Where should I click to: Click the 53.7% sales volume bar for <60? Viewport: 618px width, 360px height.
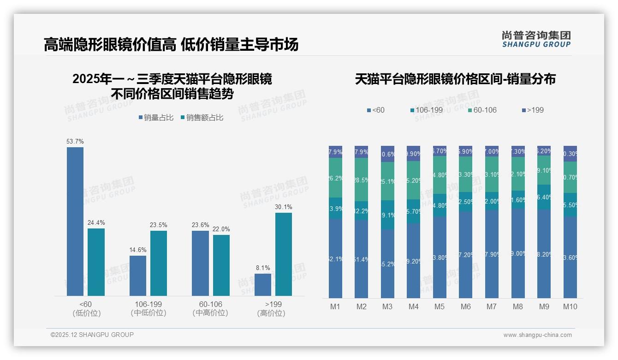[x=75, y=222]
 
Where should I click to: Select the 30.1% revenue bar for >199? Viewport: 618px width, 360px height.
[x=284, y=254]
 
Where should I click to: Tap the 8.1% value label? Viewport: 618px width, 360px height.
[x=263, y=268]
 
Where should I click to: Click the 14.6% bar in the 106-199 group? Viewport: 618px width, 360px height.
[x=138, y=276]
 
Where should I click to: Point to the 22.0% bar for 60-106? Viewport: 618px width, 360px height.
[x=221, y=265]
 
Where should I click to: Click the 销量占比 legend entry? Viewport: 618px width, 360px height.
[x=156, y=118]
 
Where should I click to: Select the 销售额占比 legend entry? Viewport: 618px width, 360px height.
[x=202, y=118]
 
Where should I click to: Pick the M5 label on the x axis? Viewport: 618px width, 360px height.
[x=440, y=306]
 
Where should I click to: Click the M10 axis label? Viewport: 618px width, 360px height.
[x=570, y=306]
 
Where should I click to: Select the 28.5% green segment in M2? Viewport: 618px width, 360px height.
[x=362, y=180]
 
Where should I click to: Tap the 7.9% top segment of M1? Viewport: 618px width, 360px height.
[x=335, y=152]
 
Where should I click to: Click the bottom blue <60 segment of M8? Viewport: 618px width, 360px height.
[x=518, y=253]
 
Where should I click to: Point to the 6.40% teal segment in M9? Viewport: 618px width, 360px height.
[x=544, y=197]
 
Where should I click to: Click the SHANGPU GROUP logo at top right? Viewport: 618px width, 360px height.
[x=536, y=40]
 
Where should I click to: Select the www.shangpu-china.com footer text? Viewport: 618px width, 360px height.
[x=537, y=335]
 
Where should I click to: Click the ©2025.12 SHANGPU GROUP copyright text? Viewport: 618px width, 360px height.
[x=92, y=335]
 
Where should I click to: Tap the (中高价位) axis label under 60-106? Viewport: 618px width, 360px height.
[x=210, y=313]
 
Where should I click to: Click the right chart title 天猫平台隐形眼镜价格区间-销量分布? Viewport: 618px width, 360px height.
[x=455, y=79]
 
